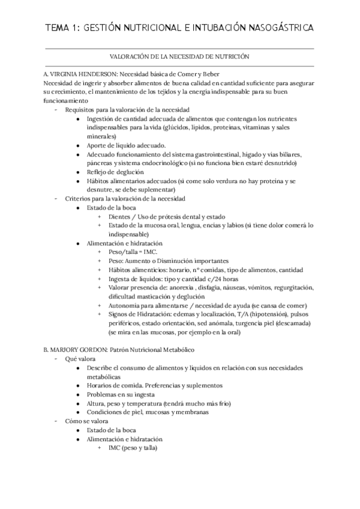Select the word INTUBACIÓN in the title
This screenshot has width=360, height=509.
coord(200,28)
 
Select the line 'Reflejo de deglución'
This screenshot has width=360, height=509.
coord(115,172)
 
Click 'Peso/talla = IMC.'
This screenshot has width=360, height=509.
coord(133,252)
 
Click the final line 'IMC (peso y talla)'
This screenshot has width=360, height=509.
coord(133,448)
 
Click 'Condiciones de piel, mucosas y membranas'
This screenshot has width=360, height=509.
coord(148,412)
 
